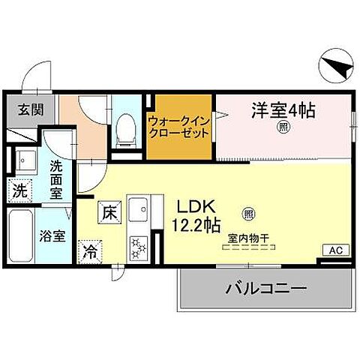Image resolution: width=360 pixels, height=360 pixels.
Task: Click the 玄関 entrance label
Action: click(31, 110)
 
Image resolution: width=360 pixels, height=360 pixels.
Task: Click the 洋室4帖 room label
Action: click(282, 111)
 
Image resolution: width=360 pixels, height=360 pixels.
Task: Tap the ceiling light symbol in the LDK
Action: click(248, 212)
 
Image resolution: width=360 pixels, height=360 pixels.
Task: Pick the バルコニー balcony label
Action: click(266, 289)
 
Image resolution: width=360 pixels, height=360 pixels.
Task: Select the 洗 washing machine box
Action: click(20, 190)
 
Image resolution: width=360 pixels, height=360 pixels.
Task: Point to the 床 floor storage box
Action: click(108, 212)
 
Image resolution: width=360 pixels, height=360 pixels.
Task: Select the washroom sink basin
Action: click(25, 161)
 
